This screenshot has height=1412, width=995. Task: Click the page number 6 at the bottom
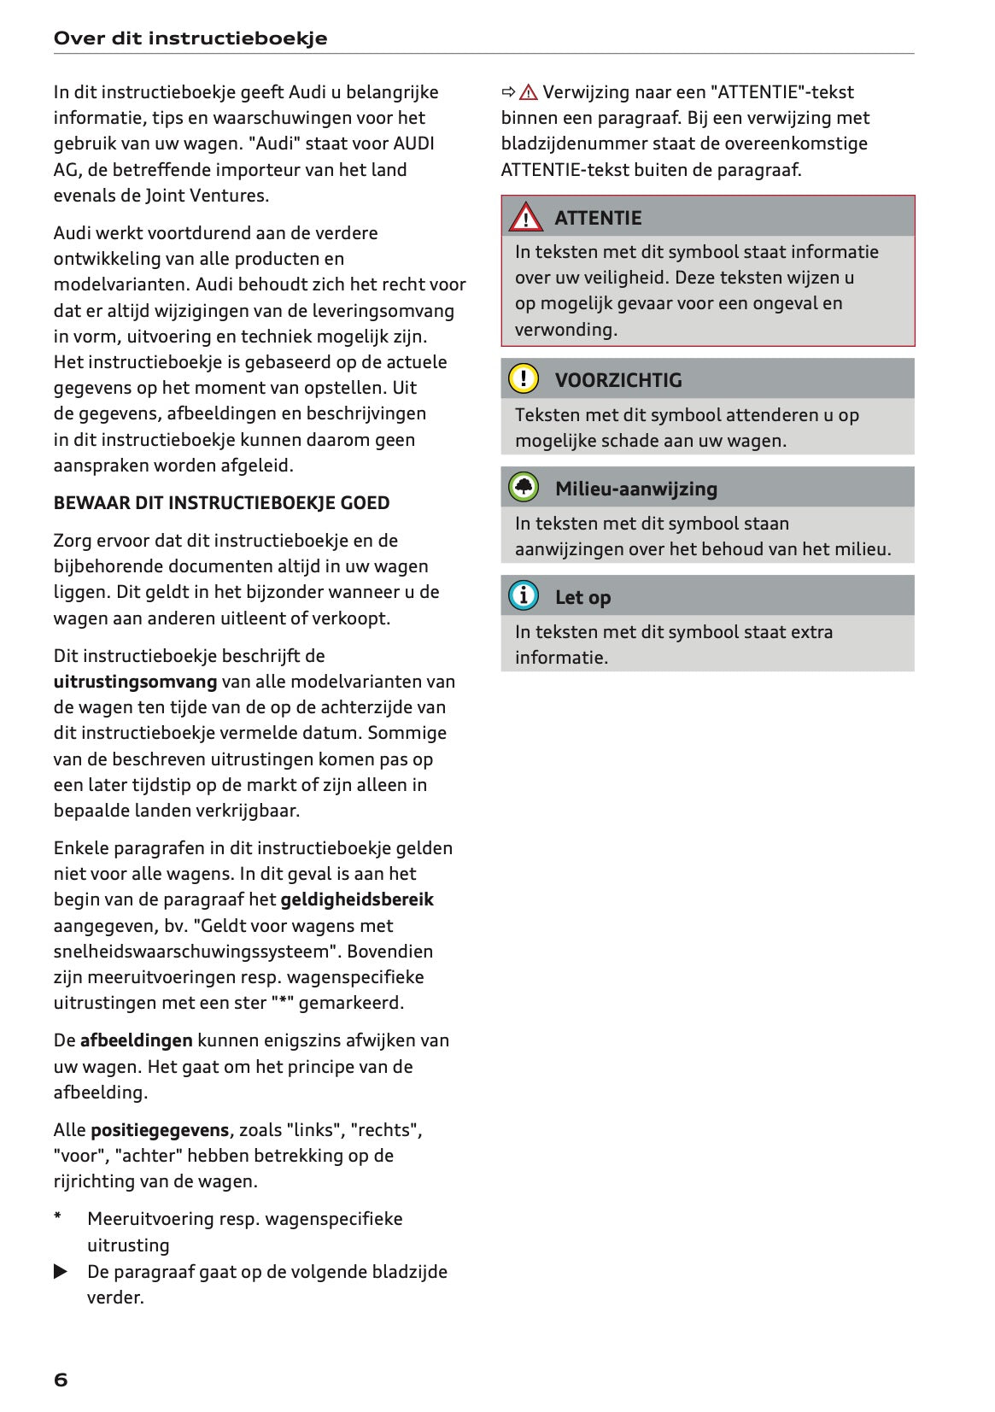coord(61,1380)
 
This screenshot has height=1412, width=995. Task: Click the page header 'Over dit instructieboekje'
coord(190,38)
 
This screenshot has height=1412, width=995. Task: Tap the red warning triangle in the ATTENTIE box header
coord(525,218)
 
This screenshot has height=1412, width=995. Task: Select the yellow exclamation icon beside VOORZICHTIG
coord(524,378)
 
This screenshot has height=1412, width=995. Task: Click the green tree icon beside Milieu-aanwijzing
coord(524,488)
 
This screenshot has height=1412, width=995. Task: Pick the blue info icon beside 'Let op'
coord(524,595)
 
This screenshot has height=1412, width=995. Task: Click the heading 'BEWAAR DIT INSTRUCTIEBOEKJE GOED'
coord(221,503)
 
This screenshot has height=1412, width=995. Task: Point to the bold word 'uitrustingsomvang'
coord(135,682)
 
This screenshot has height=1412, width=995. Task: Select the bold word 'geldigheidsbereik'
coord(357,899)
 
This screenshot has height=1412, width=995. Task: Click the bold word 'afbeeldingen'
coord(136,1040)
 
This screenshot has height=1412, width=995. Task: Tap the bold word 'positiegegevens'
coord(160,1130)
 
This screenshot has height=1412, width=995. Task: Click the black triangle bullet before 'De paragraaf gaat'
coord(61,1272)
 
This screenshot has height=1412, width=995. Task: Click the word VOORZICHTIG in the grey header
coord(618,380)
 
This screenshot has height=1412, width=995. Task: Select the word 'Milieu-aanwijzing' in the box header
coord(635,489)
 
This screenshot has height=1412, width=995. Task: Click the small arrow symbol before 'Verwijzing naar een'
coord(508,92)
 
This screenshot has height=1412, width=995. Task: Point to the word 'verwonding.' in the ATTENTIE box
coord(565,330)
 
